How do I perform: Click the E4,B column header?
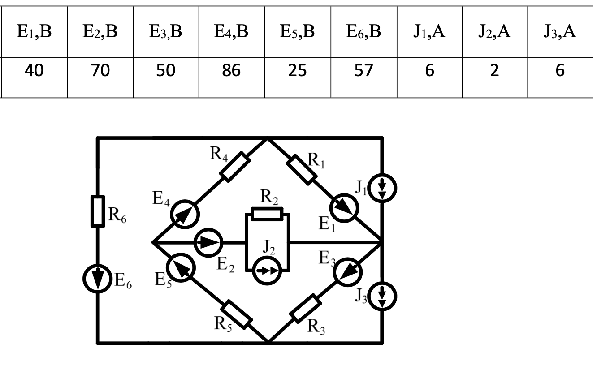(x=231, y=32)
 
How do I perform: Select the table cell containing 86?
(x=231, y=71)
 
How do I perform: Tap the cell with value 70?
(x=100, y=71)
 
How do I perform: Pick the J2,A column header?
(x=494, y=32)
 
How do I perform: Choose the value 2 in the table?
(x=494, y=71)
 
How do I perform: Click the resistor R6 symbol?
(x=98, y=211)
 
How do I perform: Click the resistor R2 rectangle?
(x=267, y=214)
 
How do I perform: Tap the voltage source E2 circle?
(x=208, y=243)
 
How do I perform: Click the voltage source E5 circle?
(x=182, y=268)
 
